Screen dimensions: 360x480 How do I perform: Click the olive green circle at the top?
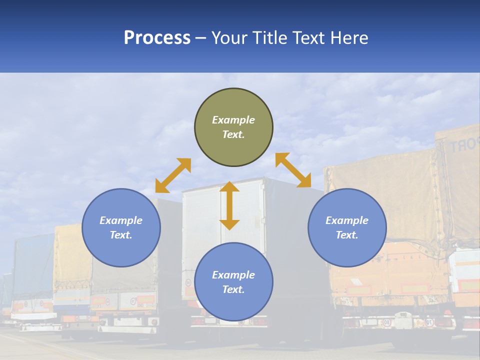coord(233,127)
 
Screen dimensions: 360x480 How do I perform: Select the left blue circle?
coord(121,227)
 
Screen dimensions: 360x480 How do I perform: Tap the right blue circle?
coord(347,227)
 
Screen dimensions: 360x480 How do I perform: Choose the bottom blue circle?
coord(233,282)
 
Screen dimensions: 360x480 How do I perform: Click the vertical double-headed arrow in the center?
coord(229,205)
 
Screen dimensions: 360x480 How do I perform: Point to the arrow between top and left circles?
coord(173,175)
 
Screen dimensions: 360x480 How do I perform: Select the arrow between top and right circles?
coord(293,170)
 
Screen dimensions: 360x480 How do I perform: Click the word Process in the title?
coord(157,37)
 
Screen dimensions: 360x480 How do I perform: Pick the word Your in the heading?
coord(229,37)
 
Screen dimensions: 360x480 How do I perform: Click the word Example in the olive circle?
coord(233,120)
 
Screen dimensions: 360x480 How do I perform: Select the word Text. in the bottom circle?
coord(233,289)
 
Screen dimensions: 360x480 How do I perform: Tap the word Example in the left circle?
coord(121,220)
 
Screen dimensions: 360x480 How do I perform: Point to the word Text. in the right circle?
coord(347,235)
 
